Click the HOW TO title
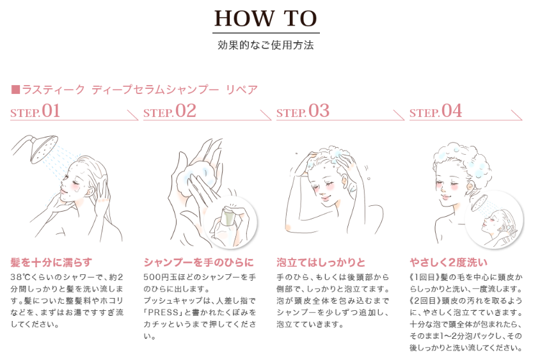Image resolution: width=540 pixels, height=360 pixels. pos(266,19)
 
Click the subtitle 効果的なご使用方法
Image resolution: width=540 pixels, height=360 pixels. pos(266,45)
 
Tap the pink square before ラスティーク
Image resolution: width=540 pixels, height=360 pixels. pos(15,90)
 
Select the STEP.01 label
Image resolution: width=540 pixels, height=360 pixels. pos(35,111)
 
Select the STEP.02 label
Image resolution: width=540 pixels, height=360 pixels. pos(170,111)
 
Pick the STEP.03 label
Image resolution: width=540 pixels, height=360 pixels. pos(303,111)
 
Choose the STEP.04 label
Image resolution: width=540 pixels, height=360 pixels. pos(436,111)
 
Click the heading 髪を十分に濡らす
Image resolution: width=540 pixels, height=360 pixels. pos(51,263)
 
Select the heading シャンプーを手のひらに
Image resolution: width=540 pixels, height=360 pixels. pos(199,263)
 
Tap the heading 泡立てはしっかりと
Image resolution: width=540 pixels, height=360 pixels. pos(321,263)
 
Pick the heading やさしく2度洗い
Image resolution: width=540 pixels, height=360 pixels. pos(449,263)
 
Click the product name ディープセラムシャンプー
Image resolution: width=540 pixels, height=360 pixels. pos(155,90)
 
